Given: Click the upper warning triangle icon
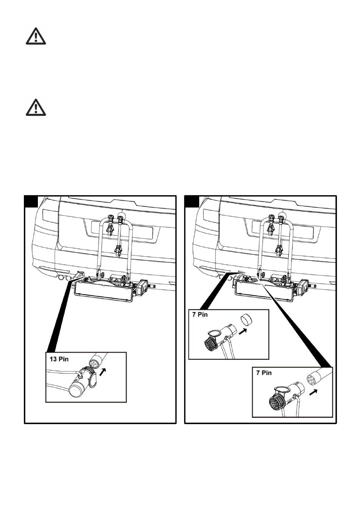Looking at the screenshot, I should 36,36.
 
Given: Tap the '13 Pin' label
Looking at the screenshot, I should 59,359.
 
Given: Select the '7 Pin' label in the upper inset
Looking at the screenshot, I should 200,315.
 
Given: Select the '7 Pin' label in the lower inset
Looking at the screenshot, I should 264,373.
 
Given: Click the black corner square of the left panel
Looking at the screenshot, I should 31,202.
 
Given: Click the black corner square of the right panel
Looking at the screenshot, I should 191,202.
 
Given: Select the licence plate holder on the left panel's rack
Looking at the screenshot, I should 103,292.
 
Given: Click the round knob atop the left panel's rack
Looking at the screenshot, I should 122,216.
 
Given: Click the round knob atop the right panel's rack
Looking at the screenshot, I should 282,216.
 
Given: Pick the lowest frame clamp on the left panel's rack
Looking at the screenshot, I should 118,249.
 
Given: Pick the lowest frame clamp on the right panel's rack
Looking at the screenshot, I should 279,249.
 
